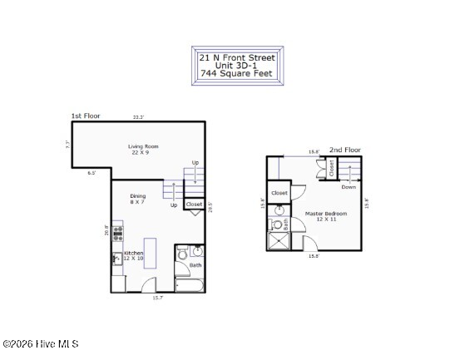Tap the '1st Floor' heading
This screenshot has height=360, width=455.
(x=86, y=116)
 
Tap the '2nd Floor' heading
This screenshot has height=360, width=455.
(x=346, y=150)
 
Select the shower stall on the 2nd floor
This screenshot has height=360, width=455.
(x=278, y=241)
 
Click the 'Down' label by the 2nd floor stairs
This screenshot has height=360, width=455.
(x=349, y=187)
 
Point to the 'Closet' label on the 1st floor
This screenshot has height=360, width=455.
(x=194, y=204)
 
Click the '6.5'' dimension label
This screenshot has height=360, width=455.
(x=91, y=174)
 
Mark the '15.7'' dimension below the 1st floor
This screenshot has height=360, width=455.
(x=157, y=298)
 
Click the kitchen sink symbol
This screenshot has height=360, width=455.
(x=116, y=259)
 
